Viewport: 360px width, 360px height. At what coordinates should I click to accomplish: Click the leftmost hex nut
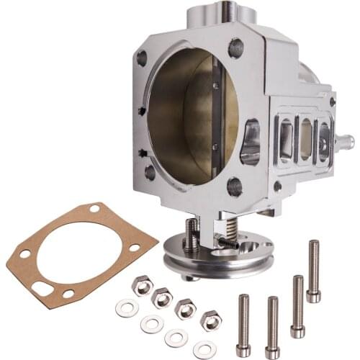pyautogui.click(x=141, y=286)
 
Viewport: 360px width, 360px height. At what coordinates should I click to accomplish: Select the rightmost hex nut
pyautogui.click(x=211, y=318)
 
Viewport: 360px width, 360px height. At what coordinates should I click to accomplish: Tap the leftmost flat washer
pyautogui.click(x=127, y=308)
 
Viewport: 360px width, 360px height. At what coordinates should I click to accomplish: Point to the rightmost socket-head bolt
pyautogui.click(x=313, y=271)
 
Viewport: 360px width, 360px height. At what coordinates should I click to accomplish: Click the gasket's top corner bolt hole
pyautogui.click(x=94, y=209)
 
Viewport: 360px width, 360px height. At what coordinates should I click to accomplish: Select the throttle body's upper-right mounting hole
pyautogui.click(x=235, y=48)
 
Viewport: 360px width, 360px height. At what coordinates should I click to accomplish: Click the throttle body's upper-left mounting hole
pyautogui.click(x=142, y=58)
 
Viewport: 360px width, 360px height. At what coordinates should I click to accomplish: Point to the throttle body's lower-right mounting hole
pyautogui.click(x=235, y=186)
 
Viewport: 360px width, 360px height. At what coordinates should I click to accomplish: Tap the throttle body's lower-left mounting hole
pyautogui.click(x=150, y=172)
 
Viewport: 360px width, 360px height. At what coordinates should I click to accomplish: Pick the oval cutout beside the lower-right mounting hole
pyautogui.click(x=251, y=142)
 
